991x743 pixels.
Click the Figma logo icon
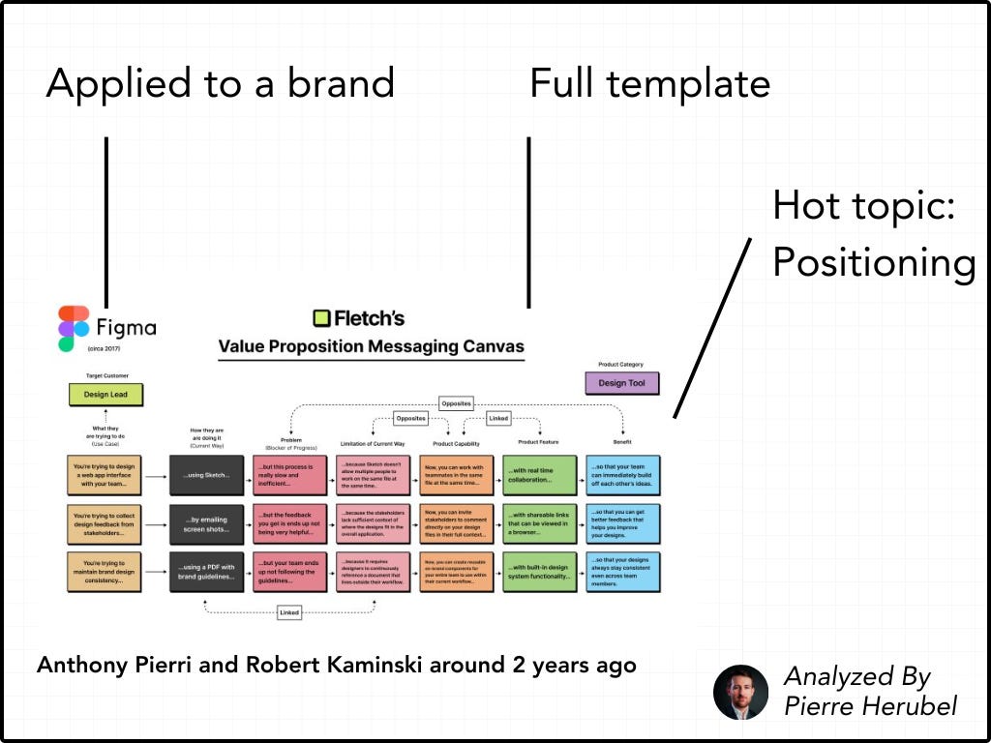click(74, 329)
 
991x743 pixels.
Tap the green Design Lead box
click(105, 395)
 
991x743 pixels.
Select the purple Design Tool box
click(621, 383)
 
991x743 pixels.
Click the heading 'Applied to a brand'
click(221, 84)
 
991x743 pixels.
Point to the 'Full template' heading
click(649, 84)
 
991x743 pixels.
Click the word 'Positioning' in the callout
click(874, 262)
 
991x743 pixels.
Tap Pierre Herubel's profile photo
click(740, 692)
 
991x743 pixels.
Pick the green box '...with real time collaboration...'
click(539, 476)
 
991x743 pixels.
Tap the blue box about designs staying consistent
click(623, 571)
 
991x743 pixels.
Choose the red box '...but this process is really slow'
click(289, 476)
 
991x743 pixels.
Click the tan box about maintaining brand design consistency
click(105, 571)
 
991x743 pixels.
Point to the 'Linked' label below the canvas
click(289, 612)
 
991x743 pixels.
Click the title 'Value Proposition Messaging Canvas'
click(371, 346)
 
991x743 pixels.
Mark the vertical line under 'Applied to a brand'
click(106, 223)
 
